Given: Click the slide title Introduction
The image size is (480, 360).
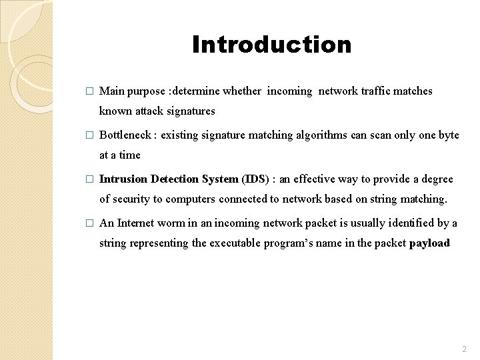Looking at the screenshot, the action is (271, 45).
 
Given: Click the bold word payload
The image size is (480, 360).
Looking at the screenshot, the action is (429, 243).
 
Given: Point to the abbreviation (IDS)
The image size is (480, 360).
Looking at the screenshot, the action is (255, 179).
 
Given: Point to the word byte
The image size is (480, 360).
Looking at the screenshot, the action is (449, 135).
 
